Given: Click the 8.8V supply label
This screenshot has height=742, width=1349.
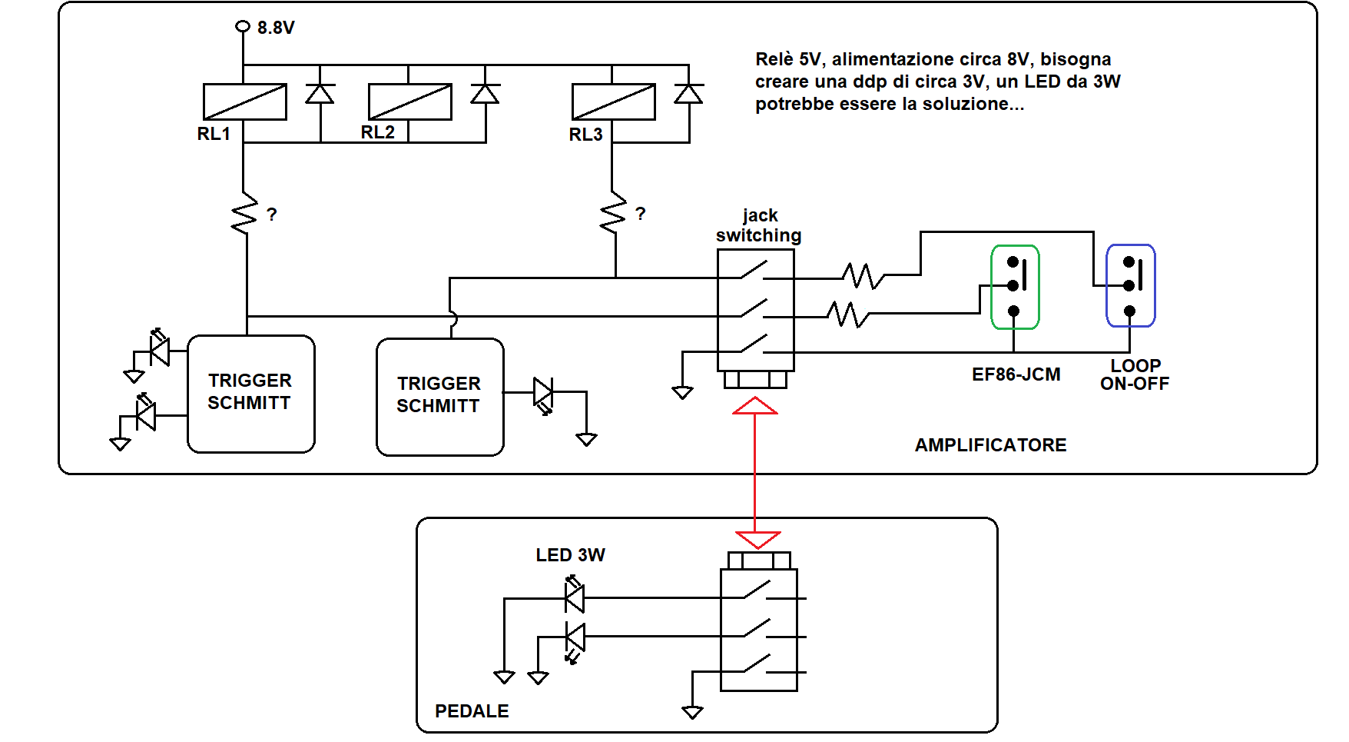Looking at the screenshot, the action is pyautogui.click(x=276, y=28).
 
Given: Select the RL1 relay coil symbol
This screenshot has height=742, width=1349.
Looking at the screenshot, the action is pyautogui.click(x=245, y=101).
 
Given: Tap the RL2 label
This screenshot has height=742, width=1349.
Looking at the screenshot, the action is pyautogui.click(x=377, y=132).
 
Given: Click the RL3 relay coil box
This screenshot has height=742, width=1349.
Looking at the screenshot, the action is pyautogui.click(x=614, y=101).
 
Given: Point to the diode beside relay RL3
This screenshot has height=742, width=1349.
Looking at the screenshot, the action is pyautogui.click(x=688, y=94).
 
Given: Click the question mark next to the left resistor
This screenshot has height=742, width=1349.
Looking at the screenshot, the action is pyautogui.click(x=272, y=215).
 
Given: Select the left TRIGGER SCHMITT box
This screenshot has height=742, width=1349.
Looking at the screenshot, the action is pyautogui.click(x=251, y=394).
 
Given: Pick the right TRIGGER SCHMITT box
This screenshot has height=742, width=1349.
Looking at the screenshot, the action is pyautogui.click(x=440, y=397).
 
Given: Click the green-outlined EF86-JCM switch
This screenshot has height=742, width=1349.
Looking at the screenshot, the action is pyautogui.click(x=1015, y=287).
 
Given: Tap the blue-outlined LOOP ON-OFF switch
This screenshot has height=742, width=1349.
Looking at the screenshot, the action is pyautogui.click(x=1130, y=285).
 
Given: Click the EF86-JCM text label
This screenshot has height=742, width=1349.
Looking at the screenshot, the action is pyautogui.click(x=1016, y=374).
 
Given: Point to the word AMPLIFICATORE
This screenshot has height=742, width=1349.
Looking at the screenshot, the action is pyautogui.click(x=990, y=445).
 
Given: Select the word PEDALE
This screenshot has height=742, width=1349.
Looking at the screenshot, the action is pyautogui.click(x=472, y=711).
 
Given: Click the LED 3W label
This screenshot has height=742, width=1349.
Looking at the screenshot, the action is pyautogui.click(x=570, y=555).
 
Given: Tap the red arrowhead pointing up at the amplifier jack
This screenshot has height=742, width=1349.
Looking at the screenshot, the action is pyautogui.click(x=755, y=405).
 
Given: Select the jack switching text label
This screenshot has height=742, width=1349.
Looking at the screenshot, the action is pyautogui.click(x=759, y=225).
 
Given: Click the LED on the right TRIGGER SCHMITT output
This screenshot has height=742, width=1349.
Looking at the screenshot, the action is pyautogui.click(x=544, y=394).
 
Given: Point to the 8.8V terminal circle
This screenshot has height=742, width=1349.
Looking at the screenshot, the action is pyautogui.click(x=243, y=26).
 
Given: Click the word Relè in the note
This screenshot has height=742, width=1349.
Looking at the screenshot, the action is pyautogui.click(x=774, y=59).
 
